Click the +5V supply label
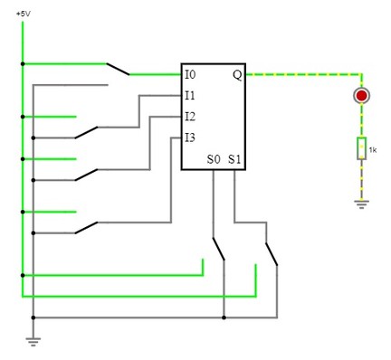24,14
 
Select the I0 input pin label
190,74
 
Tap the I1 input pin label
190,96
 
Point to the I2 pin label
190,117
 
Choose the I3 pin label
190,137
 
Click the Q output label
237,75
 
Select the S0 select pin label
214,159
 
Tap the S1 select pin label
234,159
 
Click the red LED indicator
361,96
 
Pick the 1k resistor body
361,148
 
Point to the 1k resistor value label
373,150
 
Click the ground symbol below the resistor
361,204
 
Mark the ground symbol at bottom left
33,341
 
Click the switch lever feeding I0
118,69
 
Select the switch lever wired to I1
86,133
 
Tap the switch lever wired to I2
86,175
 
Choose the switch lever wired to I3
86,228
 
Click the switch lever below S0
219,249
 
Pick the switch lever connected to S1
272,254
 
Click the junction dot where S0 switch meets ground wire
224,317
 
